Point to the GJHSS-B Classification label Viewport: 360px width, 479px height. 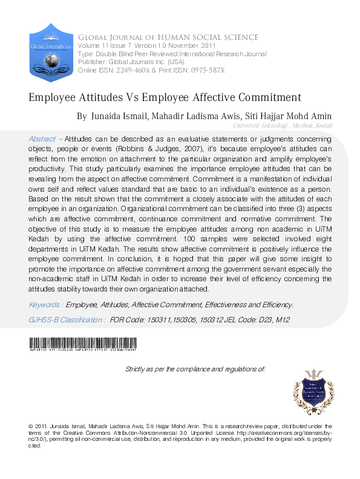(x=67, y=319)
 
